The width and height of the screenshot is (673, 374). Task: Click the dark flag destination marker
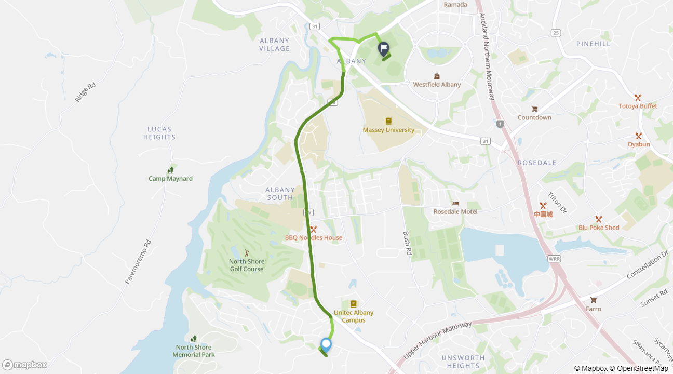click(384, 49)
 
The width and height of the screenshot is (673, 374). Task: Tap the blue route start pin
click(326, 344)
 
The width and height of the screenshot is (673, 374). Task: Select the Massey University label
click(388, 130)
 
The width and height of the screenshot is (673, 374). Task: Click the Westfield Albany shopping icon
click(437, 76)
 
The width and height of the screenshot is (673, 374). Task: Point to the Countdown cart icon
click(534, 109)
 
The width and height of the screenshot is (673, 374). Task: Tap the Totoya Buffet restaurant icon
click(638, 98)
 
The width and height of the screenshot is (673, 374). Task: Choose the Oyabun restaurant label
click(638, 144)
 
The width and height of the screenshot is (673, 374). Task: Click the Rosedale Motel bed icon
click(455, 203)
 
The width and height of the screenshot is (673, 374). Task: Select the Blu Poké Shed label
click(599, 228)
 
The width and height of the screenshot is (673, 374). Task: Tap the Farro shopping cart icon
click(594, 300)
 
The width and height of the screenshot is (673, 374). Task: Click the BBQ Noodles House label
click(314, 238)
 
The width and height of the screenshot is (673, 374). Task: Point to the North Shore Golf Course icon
click(247, 252)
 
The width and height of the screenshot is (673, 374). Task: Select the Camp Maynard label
click(170, 179)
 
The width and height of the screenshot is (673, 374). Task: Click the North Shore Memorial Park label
click(194, 351)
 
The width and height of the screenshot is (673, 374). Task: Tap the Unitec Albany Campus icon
click(354, 304)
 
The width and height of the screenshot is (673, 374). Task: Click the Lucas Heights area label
click(159, 133)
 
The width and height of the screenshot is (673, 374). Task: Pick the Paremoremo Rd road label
click(138, 262)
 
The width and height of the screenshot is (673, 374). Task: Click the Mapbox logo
click(24, 365)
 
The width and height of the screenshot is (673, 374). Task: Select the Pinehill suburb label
click(594, 44)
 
